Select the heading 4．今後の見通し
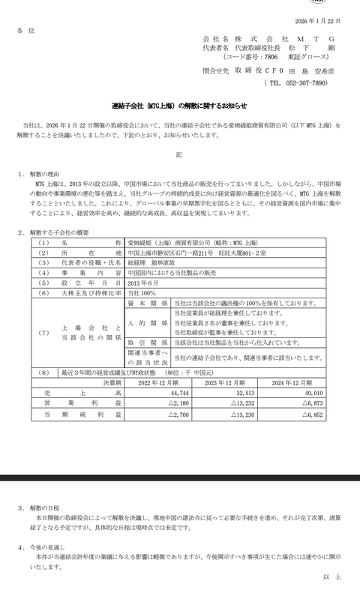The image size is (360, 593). (46, 548)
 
